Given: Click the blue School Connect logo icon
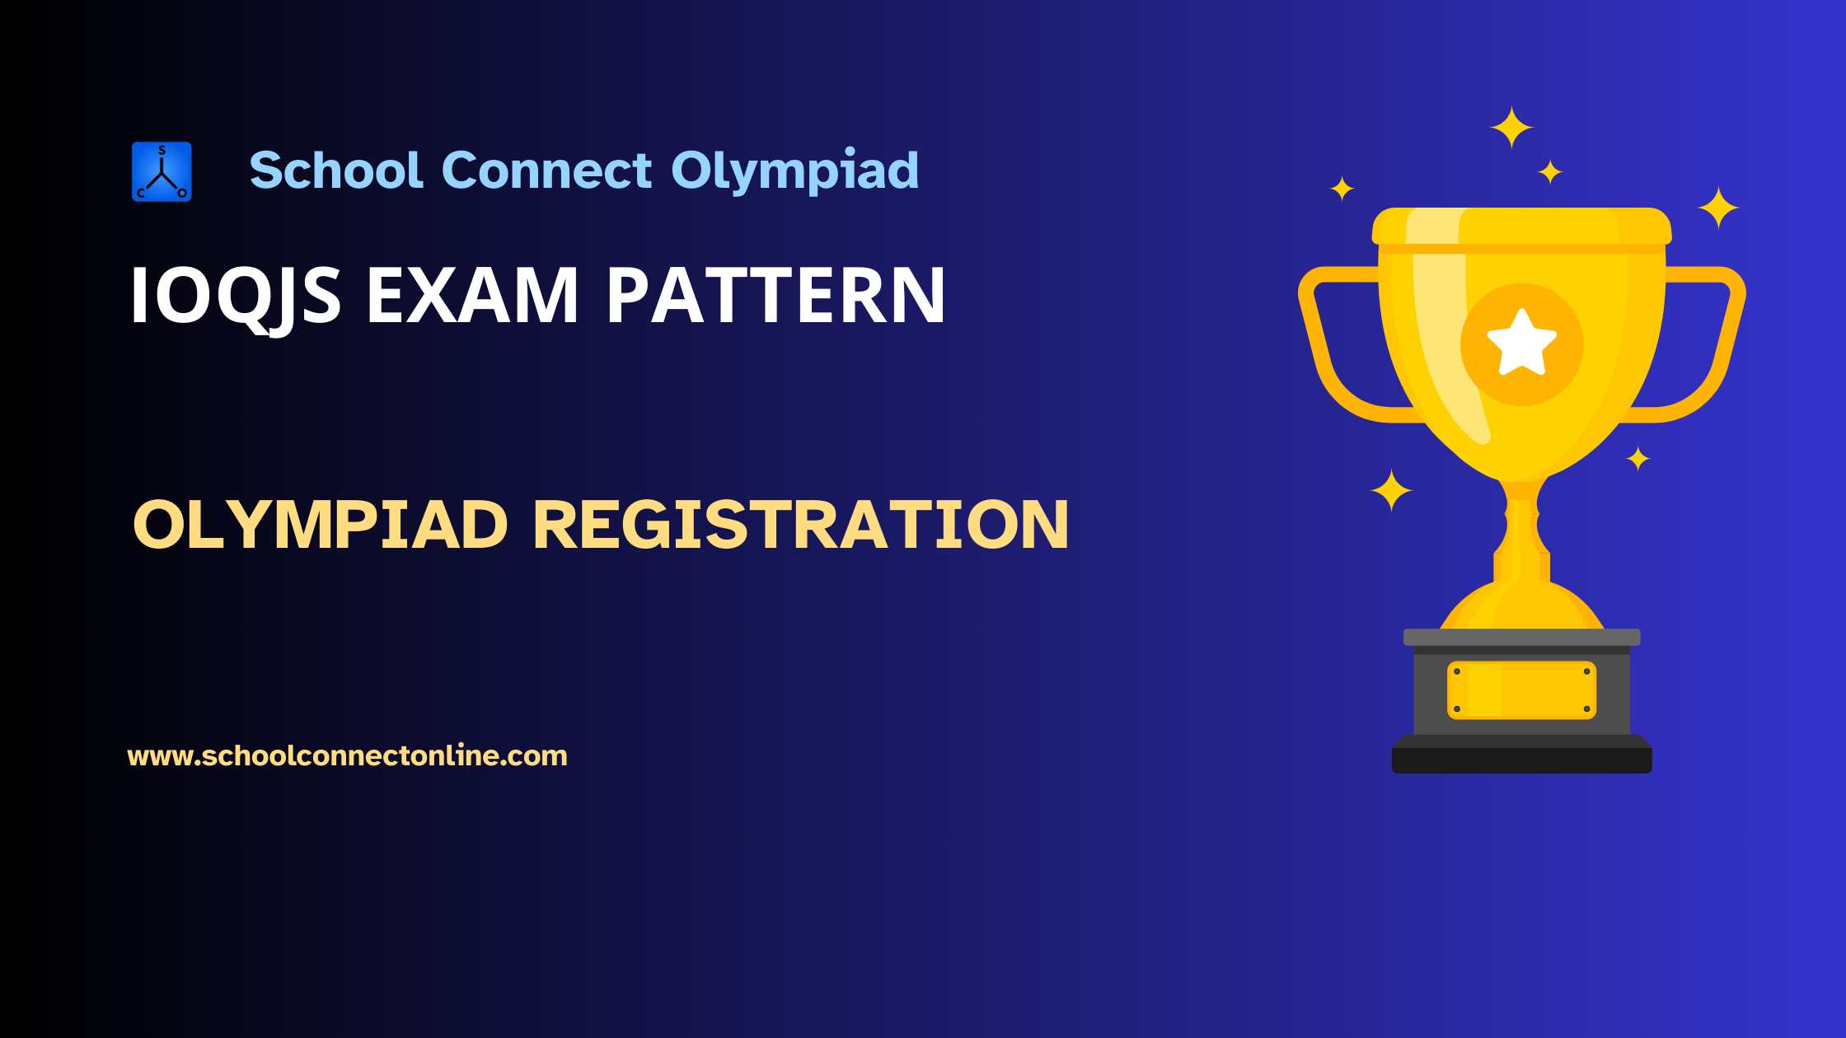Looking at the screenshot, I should click(x=162, y=171).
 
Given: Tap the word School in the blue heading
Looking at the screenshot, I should click(x=336, y=171).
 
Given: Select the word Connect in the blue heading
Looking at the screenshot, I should click(x=546, y=171).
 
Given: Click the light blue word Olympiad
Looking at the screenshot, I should click(x=794, y=172).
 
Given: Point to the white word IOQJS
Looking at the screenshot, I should click(x=236, y=297).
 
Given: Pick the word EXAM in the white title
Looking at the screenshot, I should click(x=472, y=296).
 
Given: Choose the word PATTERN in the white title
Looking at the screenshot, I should click(x=775, y=296).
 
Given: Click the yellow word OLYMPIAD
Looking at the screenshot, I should click(x=321, y=525).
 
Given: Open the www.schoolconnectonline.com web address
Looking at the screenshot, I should click(x=347, y=756).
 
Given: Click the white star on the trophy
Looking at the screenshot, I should click(x=1521, y=344).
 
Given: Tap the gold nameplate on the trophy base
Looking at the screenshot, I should click(x=1521, y=690).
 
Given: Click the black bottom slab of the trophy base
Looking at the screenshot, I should click(x=1521, y=760).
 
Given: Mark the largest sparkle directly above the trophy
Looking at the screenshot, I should click(x=1511, y=128).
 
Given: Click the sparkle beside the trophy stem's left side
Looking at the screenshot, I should click(x=1391, y=491).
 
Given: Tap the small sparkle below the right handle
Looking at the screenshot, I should click(x=1638, y=459).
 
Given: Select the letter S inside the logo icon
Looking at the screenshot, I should click(x=162, y=151).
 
